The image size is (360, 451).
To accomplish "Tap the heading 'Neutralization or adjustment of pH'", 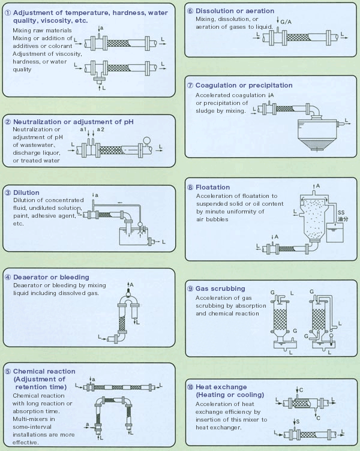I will point(73,122).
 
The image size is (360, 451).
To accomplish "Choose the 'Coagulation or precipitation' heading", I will point(244,86).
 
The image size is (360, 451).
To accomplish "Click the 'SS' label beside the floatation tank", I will point(340,213).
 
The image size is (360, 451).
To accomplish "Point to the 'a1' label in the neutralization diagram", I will point(84,130).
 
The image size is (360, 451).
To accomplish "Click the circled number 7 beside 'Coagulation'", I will point(190,86).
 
